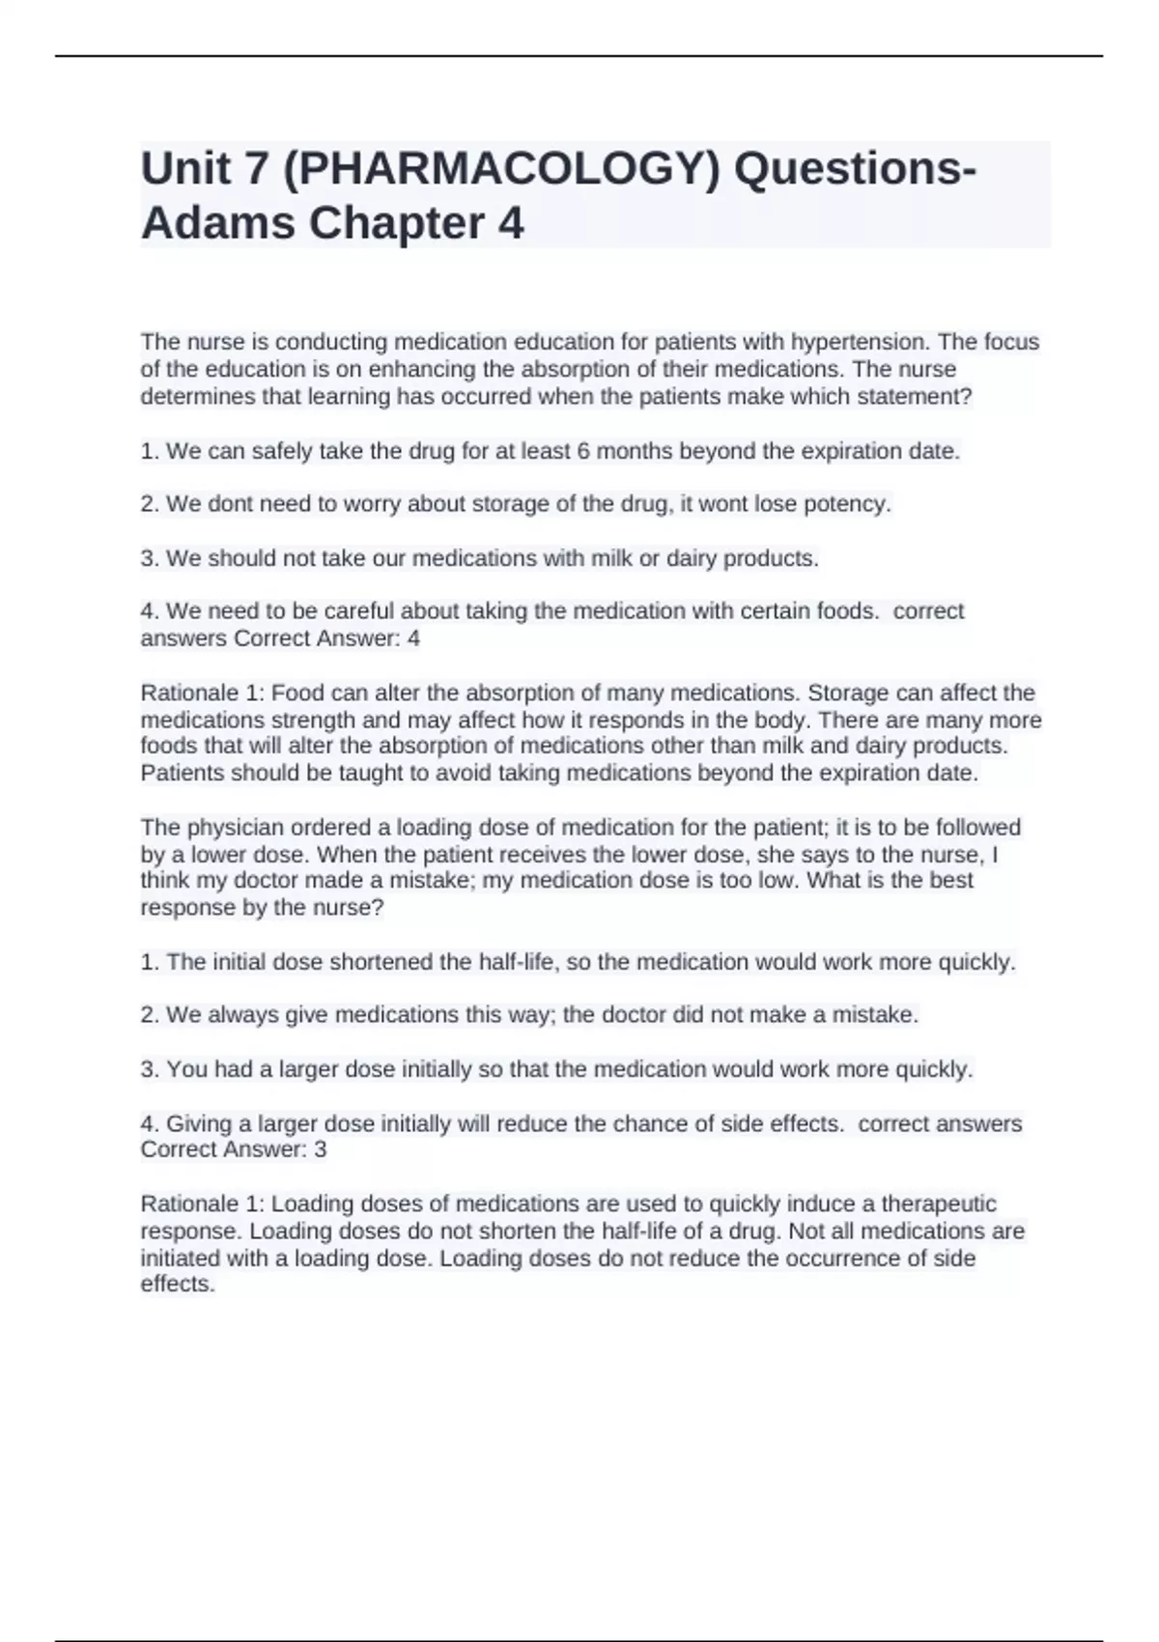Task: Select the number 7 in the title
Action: tap(256, 169)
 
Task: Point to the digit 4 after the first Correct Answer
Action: tap(413, 638)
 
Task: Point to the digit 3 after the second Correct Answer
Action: tap(321, 1149)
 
